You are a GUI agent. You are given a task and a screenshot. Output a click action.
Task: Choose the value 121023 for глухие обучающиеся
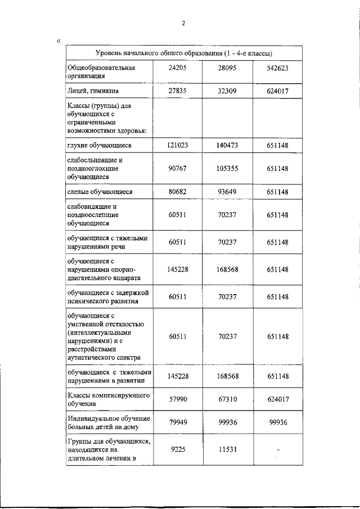(177, 145)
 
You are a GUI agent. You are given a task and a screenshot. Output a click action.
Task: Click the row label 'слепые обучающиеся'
(100, 192)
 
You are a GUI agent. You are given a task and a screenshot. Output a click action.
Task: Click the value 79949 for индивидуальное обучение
(177, 423)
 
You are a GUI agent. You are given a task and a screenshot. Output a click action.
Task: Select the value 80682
(177, 192)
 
